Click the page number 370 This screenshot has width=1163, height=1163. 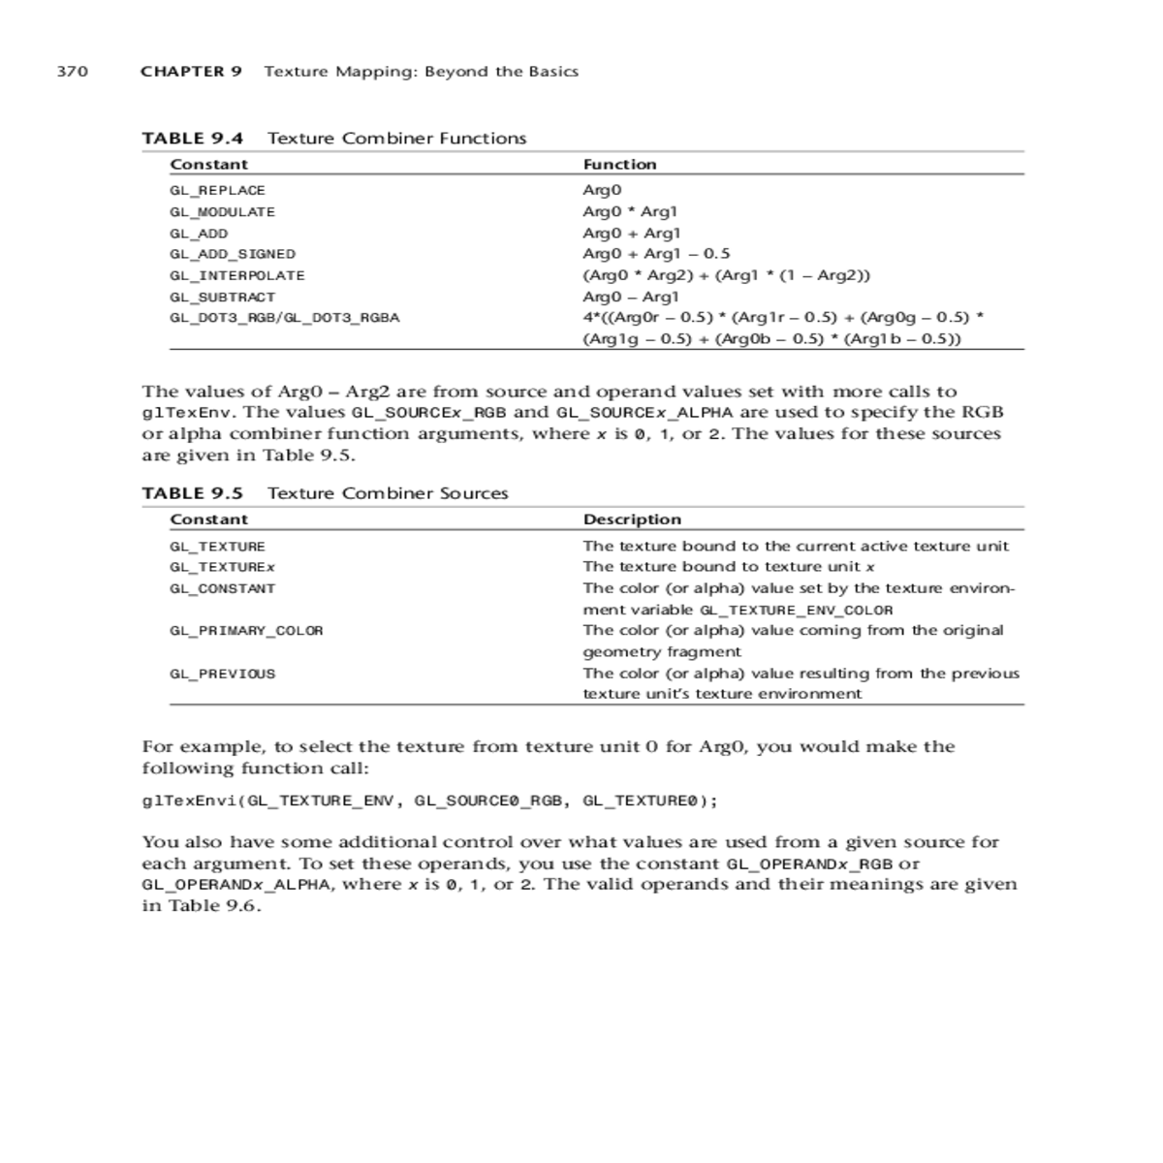pos(73,72)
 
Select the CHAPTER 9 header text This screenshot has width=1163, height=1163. pos(191,72)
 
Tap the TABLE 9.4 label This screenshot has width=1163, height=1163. pos(192,139)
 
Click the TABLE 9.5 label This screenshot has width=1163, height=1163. pos(192,493)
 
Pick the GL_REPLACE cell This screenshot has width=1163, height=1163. pos(217,191)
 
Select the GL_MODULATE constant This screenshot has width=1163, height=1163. pos(222,212)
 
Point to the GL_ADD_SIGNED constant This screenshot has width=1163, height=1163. pos(233,254)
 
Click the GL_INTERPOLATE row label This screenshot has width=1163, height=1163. pos(237,276)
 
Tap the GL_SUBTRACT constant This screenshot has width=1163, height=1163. pos(222,298)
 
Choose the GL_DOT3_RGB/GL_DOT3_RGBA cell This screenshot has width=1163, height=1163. pos(284,318)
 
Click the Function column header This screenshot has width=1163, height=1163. pos(619,165)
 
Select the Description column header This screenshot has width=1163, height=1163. pos(632,519)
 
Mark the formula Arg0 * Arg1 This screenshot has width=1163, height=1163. pos(630,212)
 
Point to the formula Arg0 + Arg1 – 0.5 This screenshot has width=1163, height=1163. pos(656,254)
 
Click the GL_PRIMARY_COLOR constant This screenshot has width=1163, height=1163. pos(246,631)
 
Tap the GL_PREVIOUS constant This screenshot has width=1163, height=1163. pos(222,674)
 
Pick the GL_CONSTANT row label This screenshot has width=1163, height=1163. pos(222,589)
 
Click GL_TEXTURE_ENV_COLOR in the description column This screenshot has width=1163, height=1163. pos(796,611)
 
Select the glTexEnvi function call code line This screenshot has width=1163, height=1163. pos(430,801)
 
